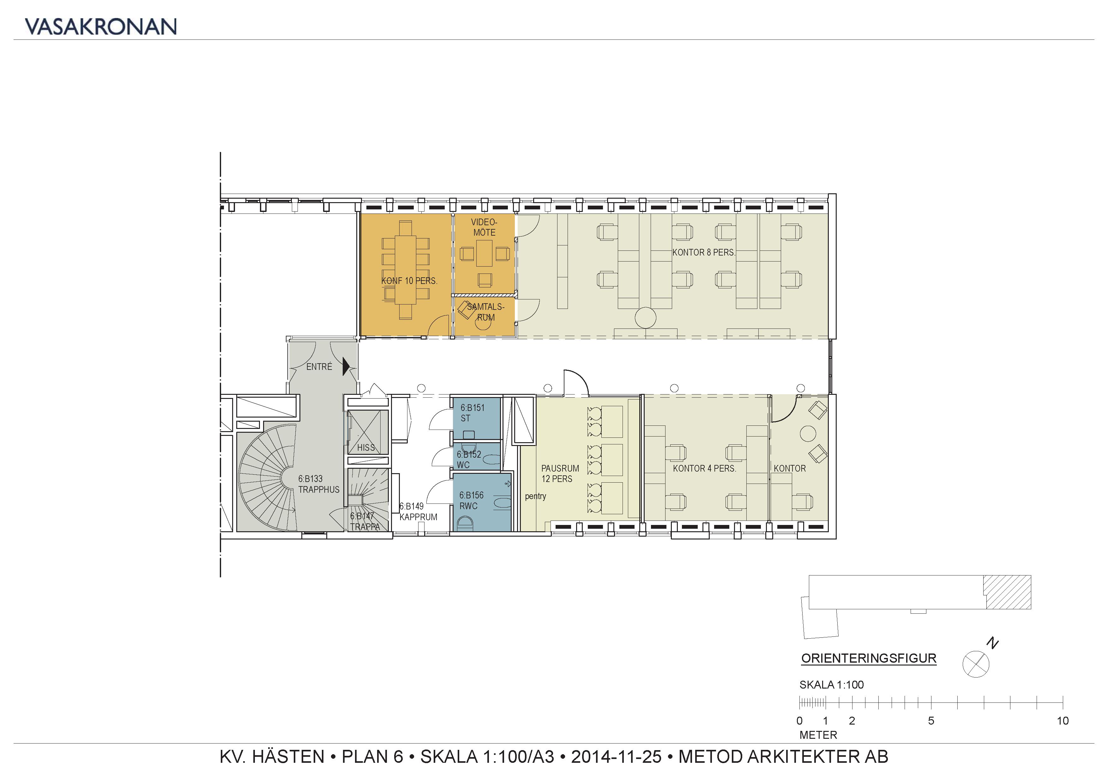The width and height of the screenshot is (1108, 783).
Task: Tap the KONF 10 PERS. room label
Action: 409,281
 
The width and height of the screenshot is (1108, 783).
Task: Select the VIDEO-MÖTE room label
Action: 484,227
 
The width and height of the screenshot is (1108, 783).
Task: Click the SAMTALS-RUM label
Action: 485,312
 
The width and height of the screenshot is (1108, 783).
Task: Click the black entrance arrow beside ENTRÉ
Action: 346,366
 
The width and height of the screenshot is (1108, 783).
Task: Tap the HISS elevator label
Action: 366,448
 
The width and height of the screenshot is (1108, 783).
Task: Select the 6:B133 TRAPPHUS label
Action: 318,484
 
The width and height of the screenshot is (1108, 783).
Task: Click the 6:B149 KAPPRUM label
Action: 418,511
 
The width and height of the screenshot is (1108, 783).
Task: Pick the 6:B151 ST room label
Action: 472,413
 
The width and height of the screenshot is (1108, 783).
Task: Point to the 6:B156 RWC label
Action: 471,500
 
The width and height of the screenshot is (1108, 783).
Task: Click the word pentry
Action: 536,497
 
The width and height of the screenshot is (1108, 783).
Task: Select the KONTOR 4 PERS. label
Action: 705,468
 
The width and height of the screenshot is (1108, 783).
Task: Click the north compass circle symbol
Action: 976,664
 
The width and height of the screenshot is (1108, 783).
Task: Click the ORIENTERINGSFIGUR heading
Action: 869,658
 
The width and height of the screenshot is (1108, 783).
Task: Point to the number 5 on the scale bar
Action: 931,721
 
